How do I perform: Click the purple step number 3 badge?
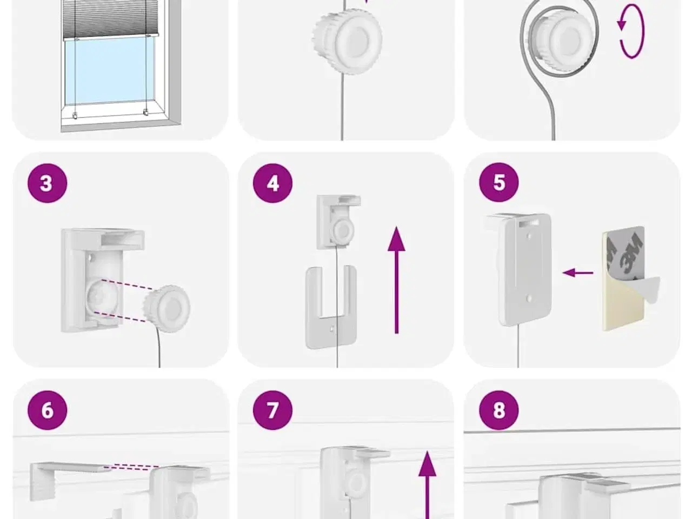pos(47,183)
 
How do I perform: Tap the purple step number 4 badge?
pos(272,183)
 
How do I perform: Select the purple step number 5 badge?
pos(499,182)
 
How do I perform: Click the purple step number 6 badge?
pos(47,410)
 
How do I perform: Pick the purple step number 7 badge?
pos(272,410)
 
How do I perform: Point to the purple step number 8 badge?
pos(499,410)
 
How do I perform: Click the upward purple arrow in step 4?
pos(396,280)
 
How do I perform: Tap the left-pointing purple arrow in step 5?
pos(578,272)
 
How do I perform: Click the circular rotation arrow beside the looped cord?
pos(630,31)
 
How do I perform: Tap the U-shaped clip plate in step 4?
pos(331,307)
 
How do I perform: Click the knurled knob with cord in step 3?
pos(167,309)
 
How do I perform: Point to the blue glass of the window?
pos(110,71)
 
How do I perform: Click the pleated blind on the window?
pos(110,19)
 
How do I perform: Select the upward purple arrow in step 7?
pos(427,485)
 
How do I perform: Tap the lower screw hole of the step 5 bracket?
pos(529,298)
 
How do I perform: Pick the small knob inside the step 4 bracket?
pos(342,231)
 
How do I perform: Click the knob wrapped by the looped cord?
pos(560,40)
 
